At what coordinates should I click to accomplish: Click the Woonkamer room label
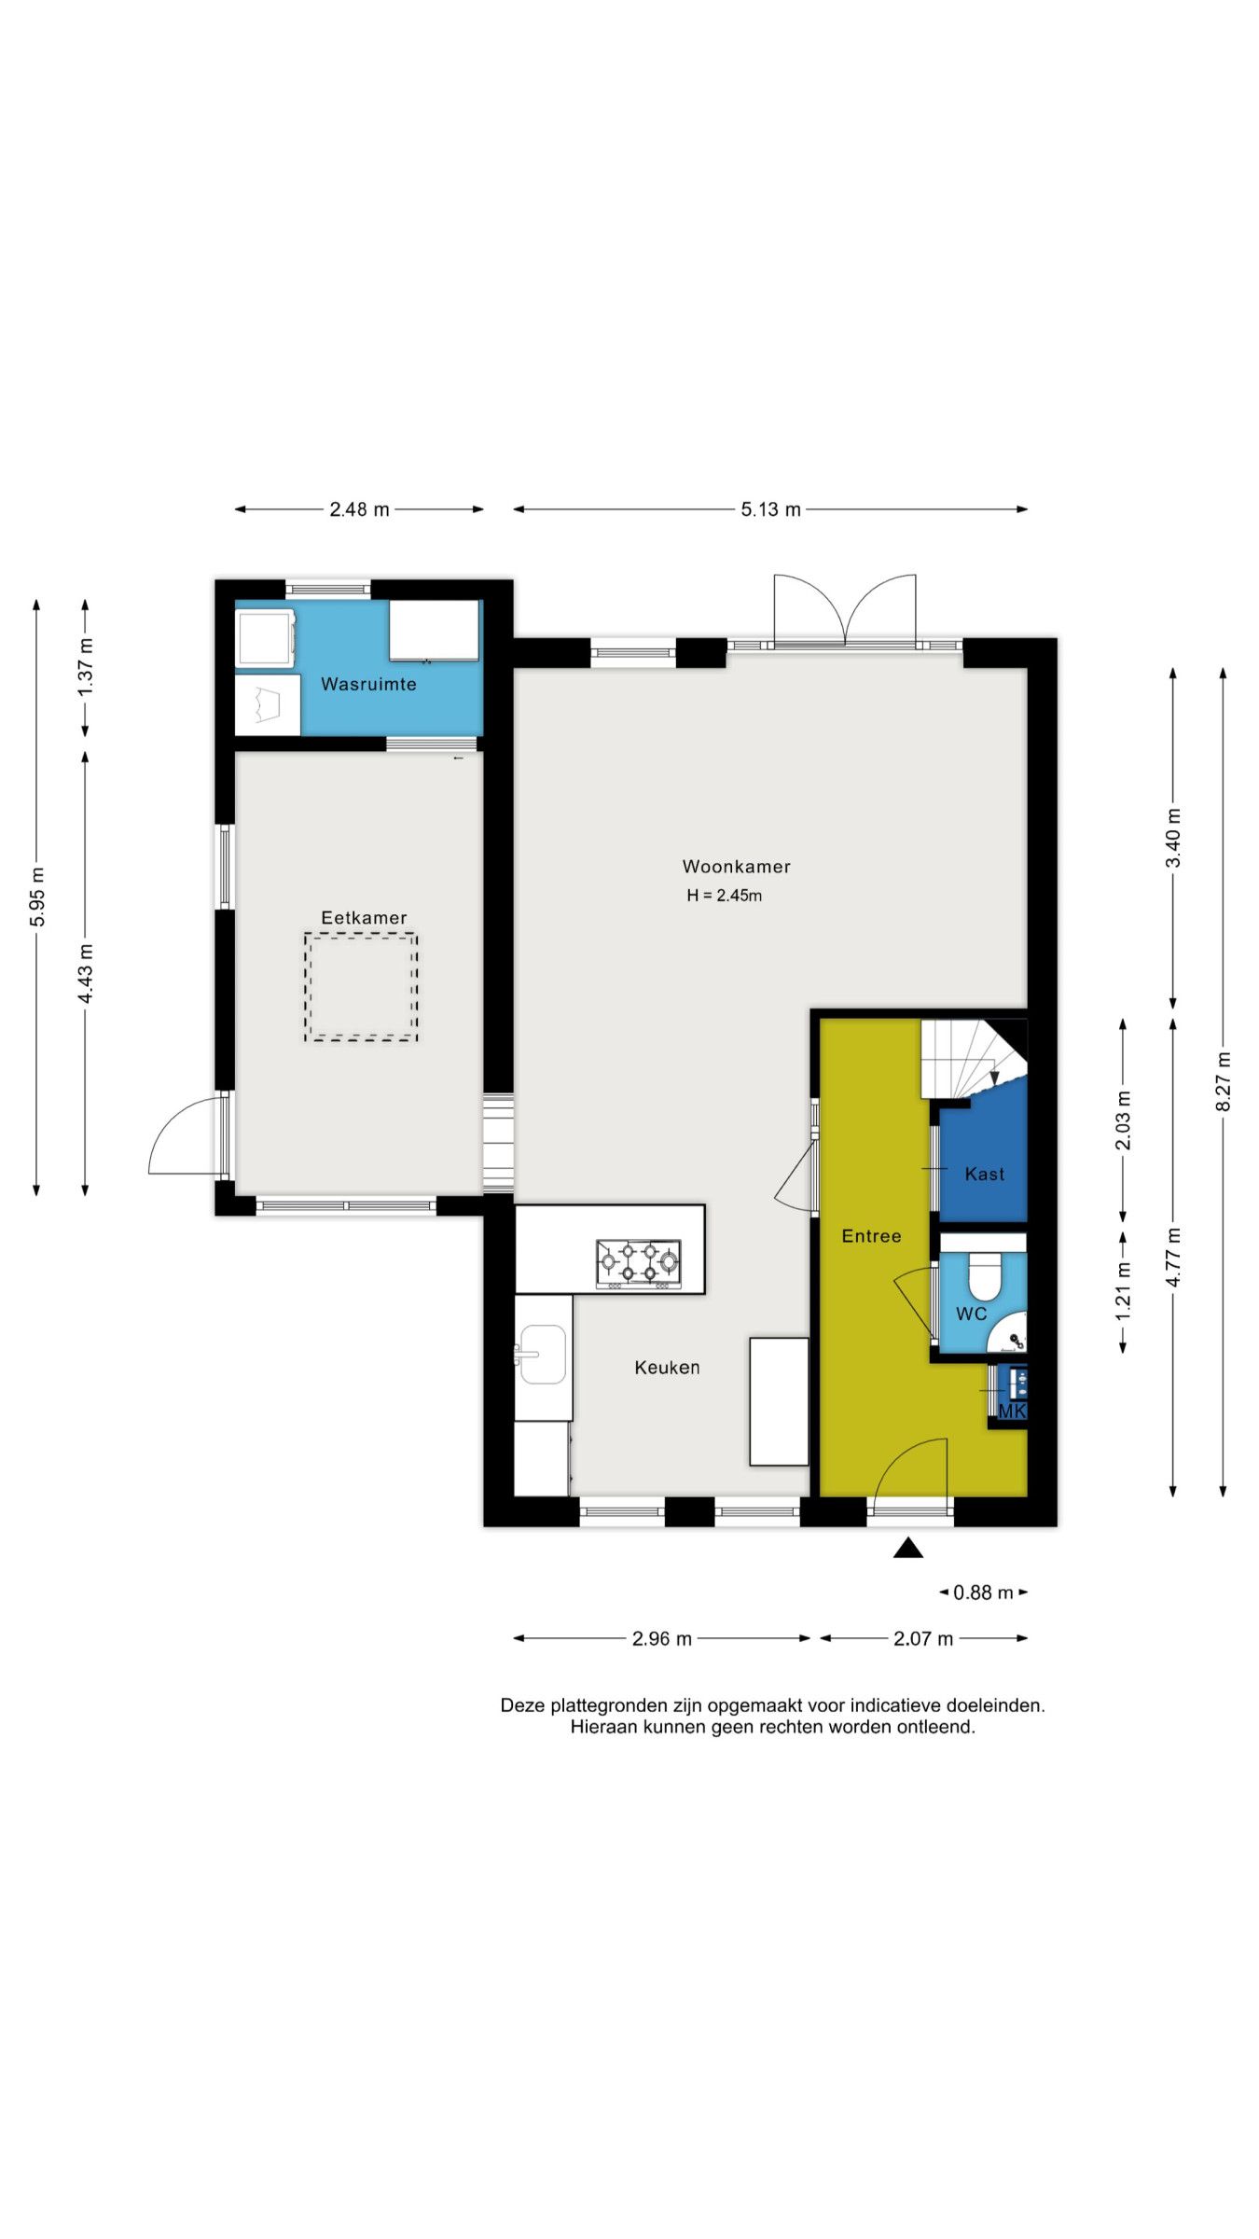coord(736,867)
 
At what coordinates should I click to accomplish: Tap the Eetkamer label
coord(364,918)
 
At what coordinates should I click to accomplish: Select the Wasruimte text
coord(368,684)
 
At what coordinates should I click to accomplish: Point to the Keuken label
coord(667,1368)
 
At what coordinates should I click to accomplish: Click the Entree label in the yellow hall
coord(871,1236)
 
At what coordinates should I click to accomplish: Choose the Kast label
coord(985,1175)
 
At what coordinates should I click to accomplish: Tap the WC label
coord(971,1314)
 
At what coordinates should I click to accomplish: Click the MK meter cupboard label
coord(1012,1412)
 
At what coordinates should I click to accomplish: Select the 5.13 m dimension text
coord(770,509)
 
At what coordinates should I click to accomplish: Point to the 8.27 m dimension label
coord(1224,1081)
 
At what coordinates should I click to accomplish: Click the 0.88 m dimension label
coord(983,1592)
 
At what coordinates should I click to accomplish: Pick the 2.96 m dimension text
coord(662,1639)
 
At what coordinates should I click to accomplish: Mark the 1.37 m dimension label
coord(86,665)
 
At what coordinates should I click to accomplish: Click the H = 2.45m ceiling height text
coord(725,896)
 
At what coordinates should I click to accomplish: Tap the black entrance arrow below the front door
coord(908,1549)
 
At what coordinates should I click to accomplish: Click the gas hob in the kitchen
coord(639,1265)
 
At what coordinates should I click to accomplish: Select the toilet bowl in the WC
coord(985,1276)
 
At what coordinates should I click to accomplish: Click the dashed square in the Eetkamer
coord(360,934)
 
